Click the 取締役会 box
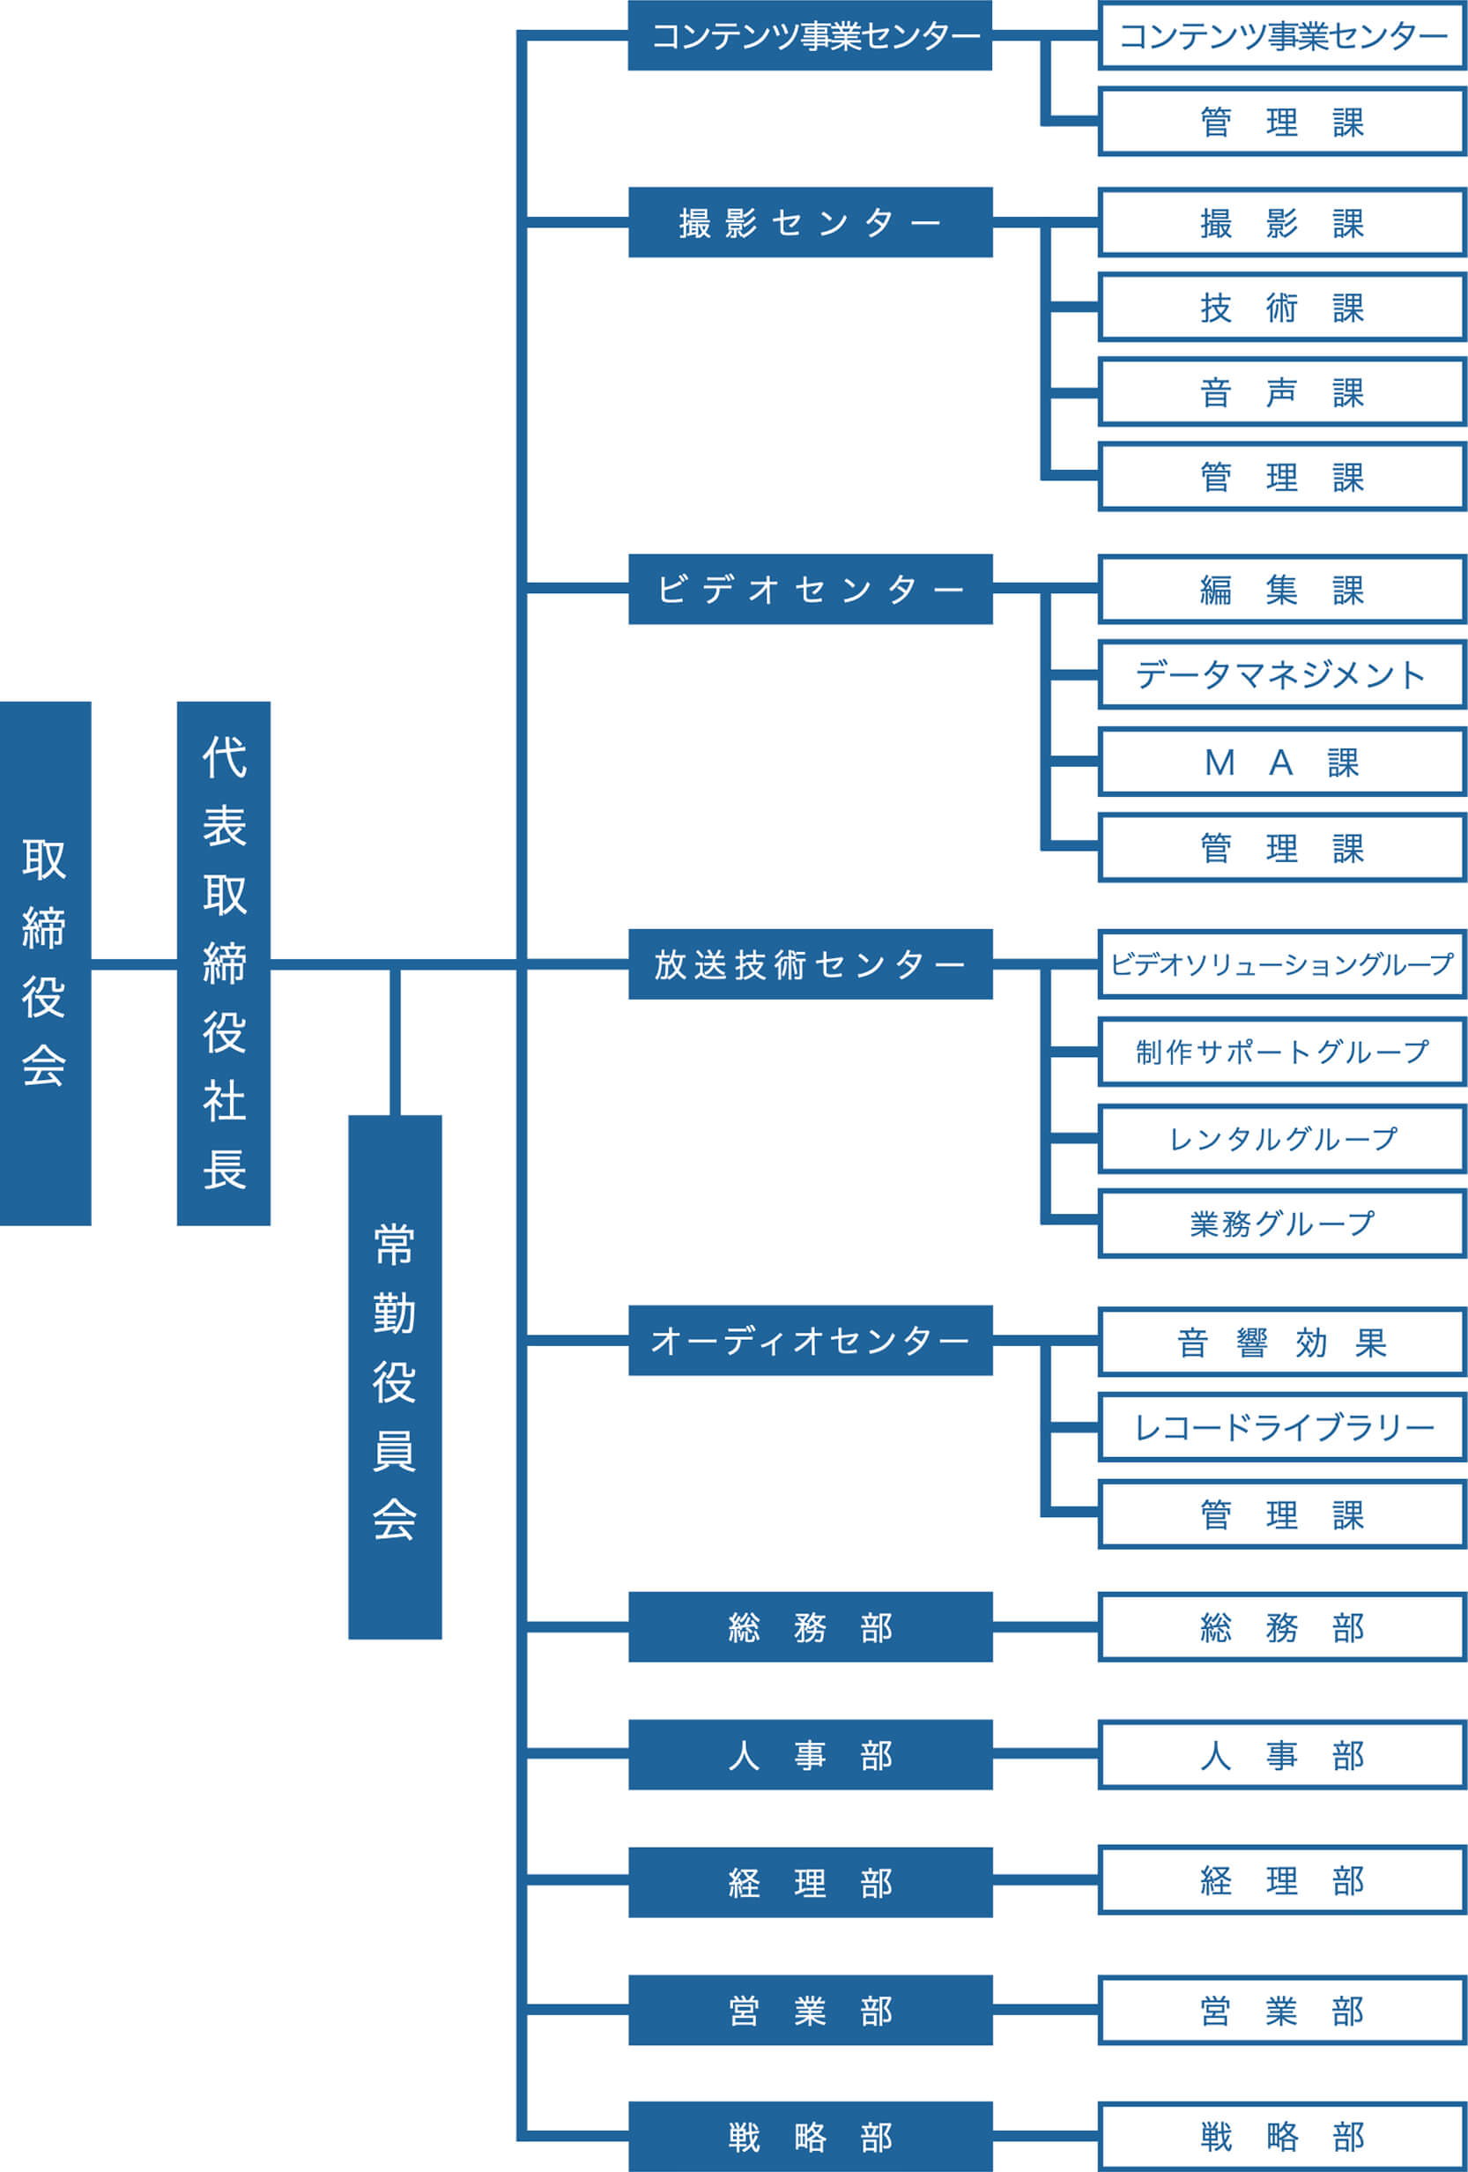point(45,963)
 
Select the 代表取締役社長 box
point(223,963)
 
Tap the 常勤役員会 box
point(395,1377)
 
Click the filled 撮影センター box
point(810,222)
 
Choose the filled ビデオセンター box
point(810,589)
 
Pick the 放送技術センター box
point(810,964)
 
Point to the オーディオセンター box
point(810,1340)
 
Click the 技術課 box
point(1281,308)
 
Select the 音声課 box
point(1281,392)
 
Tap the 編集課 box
point(1281,590)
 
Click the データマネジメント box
point(1281,674)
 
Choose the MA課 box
point(1281,762)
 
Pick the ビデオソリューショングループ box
point(1281,964)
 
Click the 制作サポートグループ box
point(1281,1052)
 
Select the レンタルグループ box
point(1281,1138)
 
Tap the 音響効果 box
point(1281,1343)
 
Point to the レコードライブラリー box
point(1281,1427)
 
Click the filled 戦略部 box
point(810,2137)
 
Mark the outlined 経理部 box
point(1281,1880)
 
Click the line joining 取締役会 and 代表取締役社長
point(134,963)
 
